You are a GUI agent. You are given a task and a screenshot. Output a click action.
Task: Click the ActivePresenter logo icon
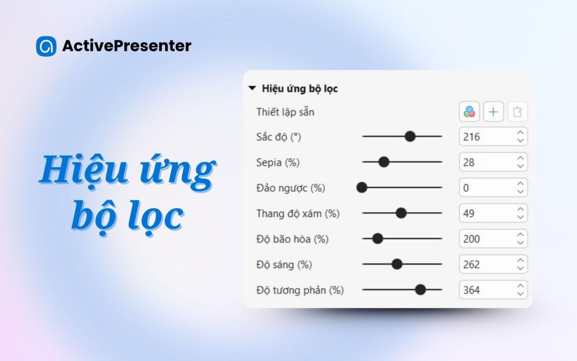[46, 46]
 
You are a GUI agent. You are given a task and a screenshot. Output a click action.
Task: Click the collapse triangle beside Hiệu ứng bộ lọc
[252, 88]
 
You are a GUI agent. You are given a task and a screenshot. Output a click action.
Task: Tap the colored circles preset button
[469, 112]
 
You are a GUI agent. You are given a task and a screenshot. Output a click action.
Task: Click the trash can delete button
[517, 112]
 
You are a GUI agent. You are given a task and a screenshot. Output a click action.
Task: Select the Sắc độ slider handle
[410, 136]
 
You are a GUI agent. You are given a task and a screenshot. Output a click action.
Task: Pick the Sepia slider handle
[384, 162]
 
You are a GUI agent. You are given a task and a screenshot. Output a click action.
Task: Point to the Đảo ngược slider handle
[362, 188]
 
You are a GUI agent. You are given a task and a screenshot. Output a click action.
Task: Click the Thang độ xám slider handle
[401, 213]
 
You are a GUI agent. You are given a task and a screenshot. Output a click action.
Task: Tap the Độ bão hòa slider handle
[378, 239]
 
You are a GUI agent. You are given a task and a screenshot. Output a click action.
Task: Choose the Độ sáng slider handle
[396, 264]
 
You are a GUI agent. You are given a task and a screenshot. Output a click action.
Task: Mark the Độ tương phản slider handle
[420, 289]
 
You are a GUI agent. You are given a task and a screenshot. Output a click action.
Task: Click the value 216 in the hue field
[471, 137]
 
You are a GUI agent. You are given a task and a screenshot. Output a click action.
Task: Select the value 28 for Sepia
[469, 163]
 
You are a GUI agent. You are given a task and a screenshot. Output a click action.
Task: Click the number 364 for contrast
[471, 290]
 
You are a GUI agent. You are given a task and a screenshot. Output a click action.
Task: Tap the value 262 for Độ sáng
[471, 265]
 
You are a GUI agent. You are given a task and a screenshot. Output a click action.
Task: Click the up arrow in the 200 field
[520, 235]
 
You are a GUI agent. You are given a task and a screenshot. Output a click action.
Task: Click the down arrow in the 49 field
[520, 217]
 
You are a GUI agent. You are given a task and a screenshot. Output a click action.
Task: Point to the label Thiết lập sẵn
[285, 112]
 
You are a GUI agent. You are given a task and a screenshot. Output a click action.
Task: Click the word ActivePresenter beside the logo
[127, 45]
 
